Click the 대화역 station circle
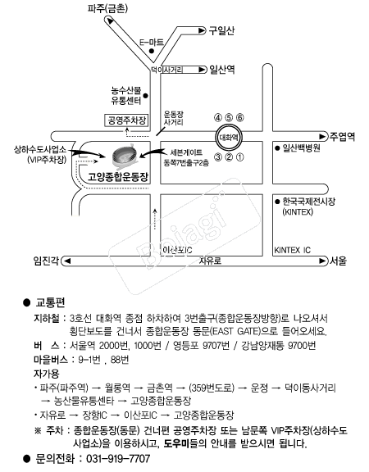pyautogui.click(x=229, y=138)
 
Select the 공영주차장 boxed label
pyautogui.click(x=126, y=120)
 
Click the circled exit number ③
pyautogui.click(x=218, y=157)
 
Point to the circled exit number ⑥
pyautogui.click(x=239, y=117)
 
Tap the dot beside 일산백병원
pyautogui.click(x=277, y=148)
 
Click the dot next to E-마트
pyautogui.click(x=152, y=51)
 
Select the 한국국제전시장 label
pyautogui.click(x=309, y=202)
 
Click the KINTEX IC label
pyautogui.click(x=292, y=250)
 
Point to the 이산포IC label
pyautogui.click(x=177, y=250)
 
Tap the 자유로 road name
pyautogui.click(x=210, y=261)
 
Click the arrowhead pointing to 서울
pyautogui.click(x=322, y=261)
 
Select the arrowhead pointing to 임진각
pyautogui.click(x=67, y=261)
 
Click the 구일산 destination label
pyautogui.click(x=221, y=30)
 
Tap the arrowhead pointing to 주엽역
pyautogui.click(x=322, y=137)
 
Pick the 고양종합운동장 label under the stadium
pyautogui.click(x=118, y=177)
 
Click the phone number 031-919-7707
pyautogui.click(x=118, y=458)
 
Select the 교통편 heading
pyautogui.click(x=51, y=302)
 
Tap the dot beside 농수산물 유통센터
pyautogui.click(x=145, y=96)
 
